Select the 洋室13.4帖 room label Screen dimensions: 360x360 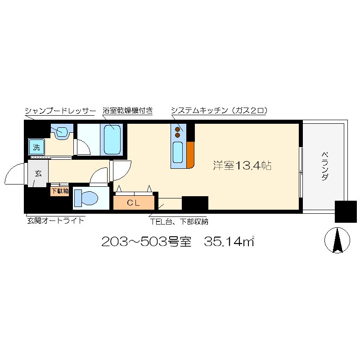pyautogui.click(x=242, y=166)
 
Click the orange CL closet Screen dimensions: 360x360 pyautogui.click(x=133, y=202)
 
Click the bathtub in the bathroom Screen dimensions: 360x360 pyautogui.click(x=112, y=140)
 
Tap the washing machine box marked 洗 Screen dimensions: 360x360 pyautogui.click(x=36, y=146)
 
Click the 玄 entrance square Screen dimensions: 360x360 pyautogui.click(x=38, y=173)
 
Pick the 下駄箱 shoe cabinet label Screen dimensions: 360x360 pyautogui.click(x=59, y=191)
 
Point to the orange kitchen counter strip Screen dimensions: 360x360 pyautogui.click(x=190, y=154)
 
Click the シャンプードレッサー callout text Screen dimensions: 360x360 pyautogui.click(x=60, y=111)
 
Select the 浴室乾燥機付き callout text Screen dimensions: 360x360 pyautogui.click(x=127, y=111)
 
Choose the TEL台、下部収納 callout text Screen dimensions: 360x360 pyautogui.click(x=179, y=221)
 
